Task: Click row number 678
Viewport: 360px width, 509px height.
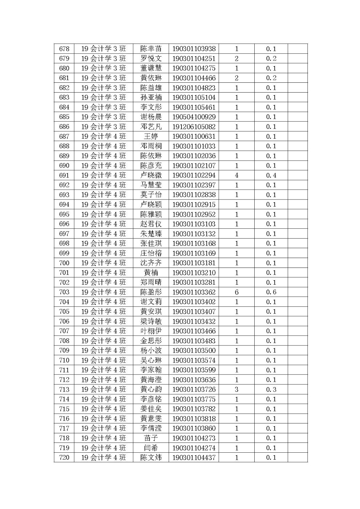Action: (x=64, y=49)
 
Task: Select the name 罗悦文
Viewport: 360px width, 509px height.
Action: (x=151, y=59)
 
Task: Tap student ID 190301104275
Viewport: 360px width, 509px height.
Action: (x=194, y=68)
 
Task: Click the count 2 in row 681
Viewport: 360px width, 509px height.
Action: (x=236, y=78)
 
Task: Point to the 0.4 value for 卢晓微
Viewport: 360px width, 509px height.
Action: (x=271, y=175)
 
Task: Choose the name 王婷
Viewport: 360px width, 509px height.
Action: (x=151, y=136)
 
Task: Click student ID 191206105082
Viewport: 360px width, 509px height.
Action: (x=194, y=127)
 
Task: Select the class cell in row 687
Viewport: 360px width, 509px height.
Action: (x=103, y=136)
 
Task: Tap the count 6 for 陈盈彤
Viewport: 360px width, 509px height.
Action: (x=236, y=292)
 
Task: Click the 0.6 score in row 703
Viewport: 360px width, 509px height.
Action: (x=271, y=292)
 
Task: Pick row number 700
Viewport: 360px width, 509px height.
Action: (x=64, y=263)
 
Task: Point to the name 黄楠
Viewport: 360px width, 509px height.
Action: (x=151, y=273)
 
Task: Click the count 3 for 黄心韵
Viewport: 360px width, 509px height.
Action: (x=236, y=389)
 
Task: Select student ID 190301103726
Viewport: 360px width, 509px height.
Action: (x=194, y=389)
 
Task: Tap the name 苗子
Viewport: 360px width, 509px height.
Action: (x=151, y=438)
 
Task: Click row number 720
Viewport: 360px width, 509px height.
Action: (x=64, y=457)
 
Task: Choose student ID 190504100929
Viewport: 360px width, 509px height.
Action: (x=194, y=117)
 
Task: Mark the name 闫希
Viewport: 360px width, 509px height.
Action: (x=151, y=448)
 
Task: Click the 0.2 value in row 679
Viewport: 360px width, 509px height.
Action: (x=271, y=59)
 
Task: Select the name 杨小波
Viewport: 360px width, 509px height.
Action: (x=151, y=351)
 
